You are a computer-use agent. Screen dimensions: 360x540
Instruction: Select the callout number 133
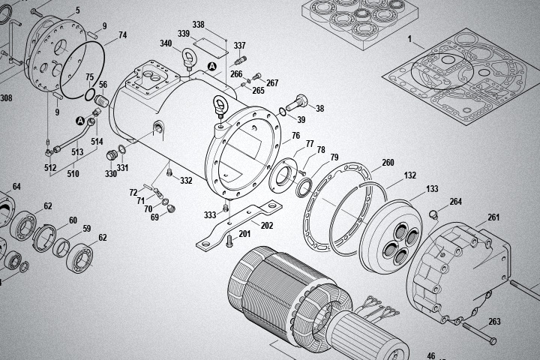click(432, 189)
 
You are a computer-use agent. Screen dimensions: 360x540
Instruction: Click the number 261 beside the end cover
click(493, 217)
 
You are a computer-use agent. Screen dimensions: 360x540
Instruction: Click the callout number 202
click(267, 225)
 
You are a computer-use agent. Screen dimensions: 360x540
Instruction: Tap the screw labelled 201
click(229, 240)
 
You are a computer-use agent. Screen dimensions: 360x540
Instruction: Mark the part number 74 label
click(122, 35)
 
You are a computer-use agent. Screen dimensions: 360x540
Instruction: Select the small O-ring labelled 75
click(89, 95)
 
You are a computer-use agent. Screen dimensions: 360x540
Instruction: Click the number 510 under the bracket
click(73, 173)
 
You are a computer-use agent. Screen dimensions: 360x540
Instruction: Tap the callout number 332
click(186, 181)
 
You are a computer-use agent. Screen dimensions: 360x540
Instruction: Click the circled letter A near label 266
click(211, 67)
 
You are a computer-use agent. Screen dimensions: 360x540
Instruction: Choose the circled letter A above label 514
click(80, 120)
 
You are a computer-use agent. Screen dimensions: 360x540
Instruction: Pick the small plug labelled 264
click(433, 215)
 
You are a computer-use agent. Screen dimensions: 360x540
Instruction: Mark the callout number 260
click(388, 163)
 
